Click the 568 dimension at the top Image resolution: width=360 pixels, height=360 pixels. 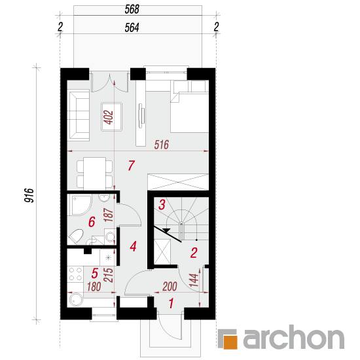[x=132, y=9]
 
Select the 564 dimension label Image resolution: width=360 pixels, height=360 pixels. [x=132, y=27]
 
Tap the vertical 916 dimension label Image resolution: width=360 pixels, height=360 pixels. [x=29, y=196]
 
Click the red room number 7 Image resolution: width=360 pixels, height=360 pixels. [x=131, y=166]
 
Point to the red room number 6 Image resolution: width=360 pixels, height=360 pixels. [x=92, y=222]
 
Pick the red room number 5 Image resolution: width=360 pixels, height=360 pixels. [x=95, y=273]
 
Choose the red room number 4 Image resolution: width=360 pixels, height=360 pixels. [x=133, y=246]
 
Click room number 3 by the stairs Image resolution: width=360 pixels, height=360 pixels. [x=162, y=205]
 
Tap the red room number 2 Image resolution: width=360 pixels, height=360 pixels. [x=194, y=253]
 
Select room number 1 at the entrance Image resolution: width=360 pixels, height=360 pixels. [x=171, y=303]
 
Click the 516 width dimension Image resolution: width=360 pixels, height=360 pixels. [x=162, y=145]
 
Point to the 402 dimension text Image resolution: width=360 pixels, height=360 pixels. [x=109, y=117]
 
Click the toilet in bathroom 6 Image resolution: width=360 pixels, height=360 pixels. [x=75, y=237]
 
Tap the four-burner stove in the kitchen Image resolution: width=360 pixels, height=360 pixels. [x=75, y=274]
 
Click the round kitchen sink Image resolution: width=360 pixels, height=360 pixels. [x=75, y=300]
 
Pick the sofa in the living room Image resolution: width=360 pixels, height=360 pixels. [x=79, y=115]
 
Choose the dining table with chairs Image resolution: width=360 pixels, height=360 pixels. [x=95, y=174]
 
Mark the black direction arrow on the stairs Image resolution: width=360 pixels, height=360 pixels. [x=167, y=230]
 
